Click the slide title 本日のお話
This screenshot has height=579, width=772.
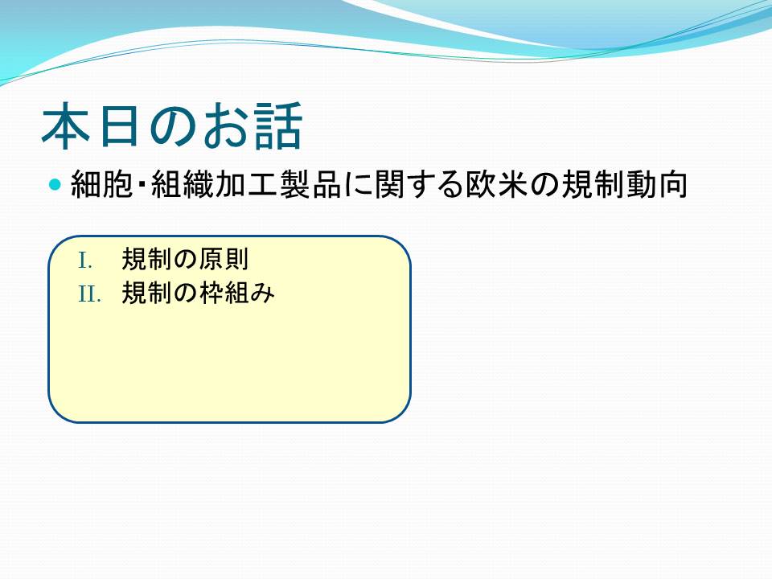171,125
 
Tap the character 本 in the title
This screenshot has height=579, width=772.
66,125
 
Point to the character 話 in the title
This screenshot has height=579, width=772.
277,125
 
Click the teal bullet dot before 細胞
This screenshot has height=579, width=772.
55,185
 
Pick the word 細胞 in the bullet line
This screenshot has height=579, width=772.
102,185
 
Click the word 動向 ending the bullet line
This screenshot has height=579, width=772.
657,185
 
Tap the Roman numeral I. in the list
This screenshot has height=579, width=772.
85,261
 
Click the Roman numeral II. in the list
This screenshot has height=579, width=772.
89,294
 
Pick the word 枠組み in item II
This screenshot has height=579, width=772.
236,293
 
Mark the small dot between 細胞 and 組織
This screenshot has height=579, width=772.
142,186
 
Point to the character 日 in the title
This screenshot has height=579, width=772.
118,126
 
